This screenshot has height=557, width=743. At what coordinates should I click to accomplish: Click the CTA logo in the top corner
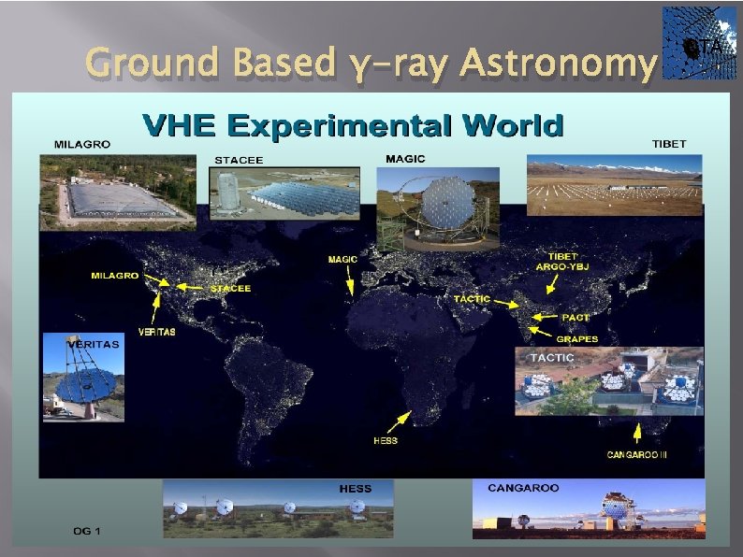699,43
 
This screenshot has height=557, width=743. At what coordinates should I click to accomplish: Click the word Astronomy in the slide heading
558,63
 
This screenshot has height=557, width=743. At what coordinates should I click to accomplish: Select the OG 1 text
87,531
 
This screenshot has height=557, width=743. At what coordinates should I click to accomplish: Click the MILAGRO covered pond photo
117,192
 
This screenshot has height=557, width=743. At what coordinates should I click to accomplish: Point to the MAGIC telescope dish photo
437,207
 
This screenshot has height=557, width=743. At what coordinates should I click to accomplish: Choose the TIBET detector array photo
614,185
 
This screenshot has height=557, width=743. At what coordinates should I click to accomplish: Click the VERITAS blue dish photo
83,377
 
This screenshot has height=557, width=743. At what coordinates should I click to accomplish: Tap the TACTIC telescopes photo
609,380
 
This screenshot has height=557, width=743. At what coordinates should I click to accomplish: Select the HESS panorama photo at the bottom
278,508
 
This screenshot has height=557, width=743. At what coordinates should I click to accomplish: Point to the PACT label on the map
575,318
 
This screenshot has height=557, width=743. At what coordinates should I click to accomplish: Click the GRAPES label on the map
577,339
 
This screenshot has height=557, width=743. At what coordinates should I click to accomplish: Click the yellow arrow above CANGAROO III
636,431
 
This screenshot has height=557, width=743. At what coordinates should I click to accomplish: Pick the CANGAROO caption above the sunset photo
523,488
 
